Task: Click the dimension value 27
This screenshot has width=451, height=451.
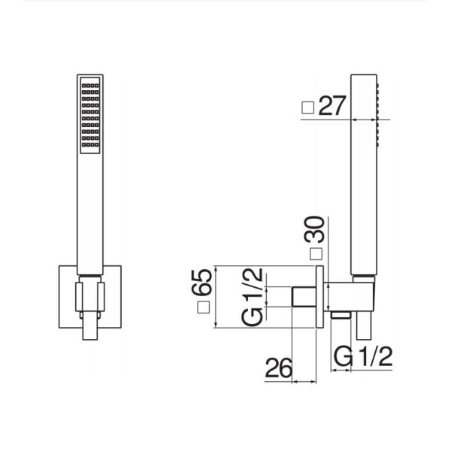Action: point(332,105)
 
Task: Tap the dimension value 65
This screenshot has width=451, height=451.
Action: point(202,282)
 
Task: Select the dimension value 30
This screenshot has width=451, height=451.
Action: point(314,229)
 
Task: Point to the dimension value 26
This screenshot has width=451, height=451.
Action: point(278,368)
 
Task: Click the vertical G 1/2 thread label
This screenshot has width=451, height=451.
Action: point(253,297)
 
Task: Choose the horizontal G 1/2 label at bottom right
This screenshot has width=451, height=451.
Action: point(363,356)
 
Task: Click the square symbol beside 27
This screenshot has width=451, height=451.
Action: point(307,107)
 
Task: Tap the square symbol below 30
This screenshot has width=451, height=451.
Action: point(316,254)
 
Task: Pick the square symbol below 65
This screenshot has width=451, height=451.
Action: point(204,307)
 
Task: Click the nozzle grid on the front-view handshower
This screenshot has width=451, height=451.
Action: point(90,115)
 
